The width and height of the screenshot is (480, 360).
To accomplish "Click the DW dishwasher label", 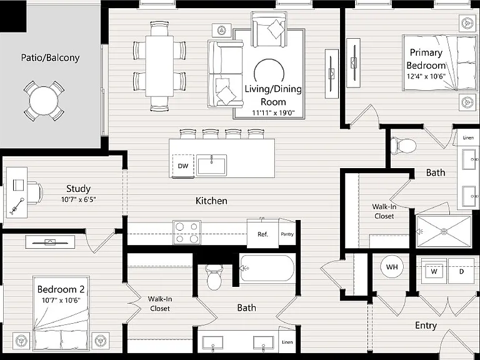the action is pyautogui.click(x=183, y=166).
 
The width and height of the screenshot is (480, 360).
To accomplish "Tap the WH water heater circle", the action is pyautogui.click(x=392, y=267).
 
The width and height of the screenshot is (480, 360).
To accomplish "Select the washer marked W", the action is pyautogui.click(x=434, y=271).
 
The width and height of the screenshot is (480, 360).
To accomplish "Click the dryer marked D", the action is pyautogui.click(x=462, y=271).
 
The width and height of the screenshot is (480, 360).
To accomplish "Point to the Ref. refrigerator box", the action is pyautogui.click(x=262, y=234).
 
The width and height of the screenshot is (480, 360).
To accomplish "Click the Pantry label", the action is pyautogui.click(x=287, y=234).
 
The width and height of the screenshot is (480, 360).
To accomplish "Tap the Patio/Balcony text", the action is pyautogui.click(x=50, y=57).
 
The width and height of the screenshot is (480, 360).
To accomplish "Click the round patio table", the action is pyautogui.click(x=44, y=101).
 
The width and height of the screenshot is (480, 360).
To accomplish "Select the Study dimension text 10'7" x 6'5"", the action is pyautogui.click(x=79, y=199).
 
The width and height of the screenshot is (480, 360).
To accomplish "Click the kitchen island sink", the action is pyautogui.click(x=211, y=165).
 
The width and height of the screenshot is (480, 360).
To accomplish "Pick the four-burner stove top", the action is pyautogui.click(x=187, y=232).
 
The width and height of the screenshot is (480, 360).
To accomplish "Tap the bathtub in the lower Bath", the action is pyautogui.click(x=267, y=268).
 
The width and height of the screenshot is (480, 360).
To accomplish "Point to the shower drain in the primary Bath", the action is pyautogui.click(x=444, y=231).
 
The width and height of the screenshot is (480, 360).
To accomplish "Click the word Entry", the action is pyautogui.click(x=426, y=326).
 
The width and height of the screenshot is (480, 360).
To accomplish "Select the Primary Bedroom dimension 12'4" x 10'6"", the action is pyautogui.click(x=426, y=76).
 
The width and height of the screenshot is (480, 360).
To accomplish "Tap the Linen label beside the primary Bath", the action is pyautogui.click(x=468, y=137).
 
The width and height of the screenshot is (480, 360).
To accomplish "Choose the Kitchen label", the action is pyautogui.click(x=211, y=201).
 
